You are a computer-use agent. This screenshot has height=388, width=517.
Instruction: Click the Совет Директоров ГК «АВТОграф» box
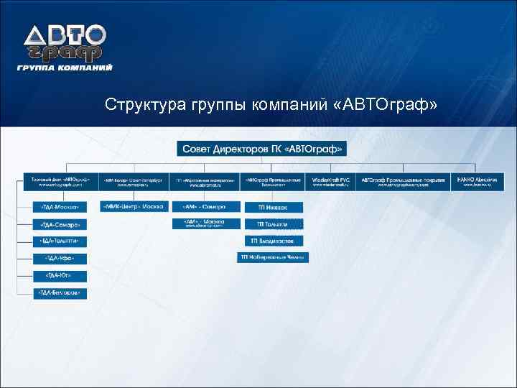(262, 149)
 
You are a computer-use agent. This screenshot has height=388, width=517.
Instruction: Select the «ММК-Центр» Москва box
(132, 207)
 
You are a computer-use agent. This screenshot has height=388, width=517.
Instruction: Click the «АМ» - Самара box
(207, 207)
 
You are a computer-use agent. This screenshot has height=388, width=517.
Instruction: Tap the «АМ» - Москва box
(207, 223)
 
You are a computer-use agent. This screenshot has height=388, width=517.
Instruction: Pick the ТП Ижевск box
(274, 207)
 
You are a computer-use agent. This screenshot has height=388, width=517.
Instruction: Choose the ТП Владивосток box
(274, 241)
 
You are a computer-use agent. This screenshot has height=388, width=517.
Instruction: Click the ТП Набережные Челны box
(274, 257)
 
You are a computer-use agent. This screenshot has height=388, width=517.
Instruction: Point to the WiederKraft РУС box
(330, 181)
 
